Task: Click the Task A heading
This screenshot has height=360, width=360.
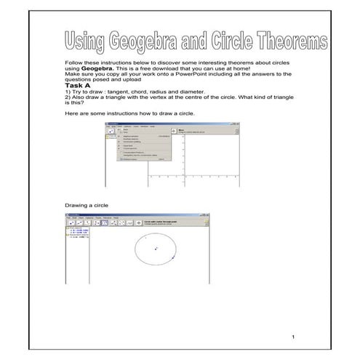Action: (x=78, y=85)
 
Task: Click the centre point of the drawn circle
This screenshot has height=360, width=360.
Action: (x=155, y=249)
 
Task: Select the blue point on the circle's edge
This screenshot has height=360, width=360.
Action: (x=173, y=258)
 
